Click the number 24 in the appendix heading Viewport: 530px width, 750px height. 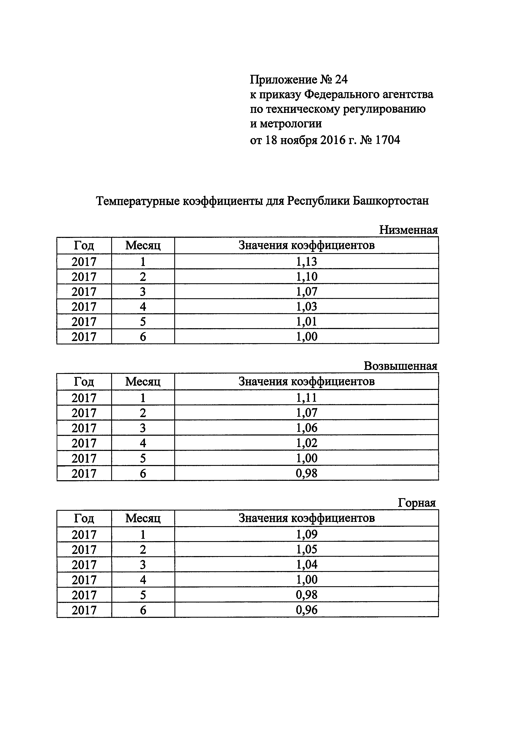click(x=341, y=79)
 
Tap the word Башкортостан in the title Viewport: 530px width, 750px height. click(x=391, y=201)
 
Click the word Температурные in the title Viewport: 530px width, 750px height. click(x=137, y=201)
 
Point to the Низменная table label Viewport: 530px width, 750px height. click(x=408, y=230)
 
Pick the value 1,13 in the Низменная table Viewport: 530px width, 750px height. click(x=306, y=262)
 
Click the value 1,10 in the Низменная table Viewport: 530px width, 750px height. click(x=306, y=277)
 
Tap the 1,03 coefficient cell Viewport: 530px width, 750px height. click(x=306, y=307)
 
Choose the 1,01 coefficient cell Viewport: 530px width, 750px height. click(x=306, y=322)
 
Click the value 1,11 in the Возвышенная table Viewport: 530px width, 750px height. click(x=306, y=398)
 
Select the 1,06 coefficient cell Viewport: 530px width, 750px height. click(x=306, y=428)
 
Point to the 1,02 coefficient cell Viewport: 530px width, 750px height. click(x=306, y=443)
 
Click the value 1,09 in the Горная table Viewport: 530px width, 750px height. click(x=306, y=534)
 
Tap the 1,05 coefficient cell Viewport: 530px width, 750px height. click(x=306, y=549)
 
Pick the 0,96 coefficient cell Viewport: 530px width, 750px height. click(x=306, y=610)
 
